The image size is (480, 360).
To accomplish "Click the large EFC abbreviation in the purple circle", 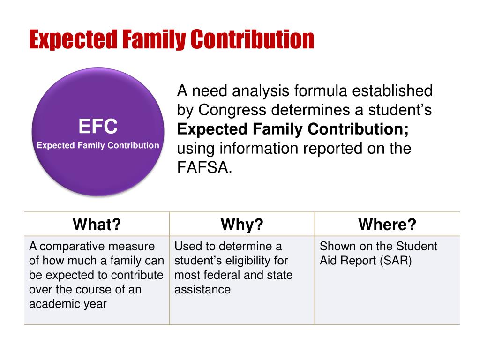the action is [x=98, y=126].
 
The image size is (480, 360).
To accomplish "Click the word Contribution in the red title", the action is [x=253, y=39].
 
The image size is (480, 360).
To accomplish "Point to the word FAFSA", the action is [x=204, y=167].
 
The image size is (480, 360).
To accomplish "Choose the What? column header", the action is [x=97, y=224].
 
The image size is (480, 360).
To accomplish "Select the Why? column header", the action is [x=242, y=224].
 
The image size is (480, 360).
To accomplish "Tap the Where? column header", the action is [x=387, y=224].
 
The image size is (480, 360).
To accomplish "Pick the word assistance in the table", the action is [x=202, y=289].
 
